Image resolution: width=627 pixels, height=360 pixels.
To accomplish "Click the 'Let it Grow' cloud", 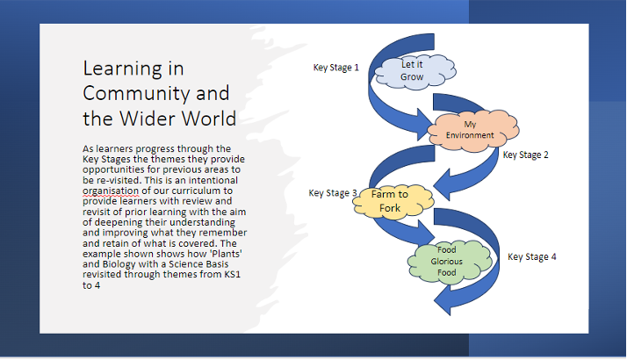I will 412,71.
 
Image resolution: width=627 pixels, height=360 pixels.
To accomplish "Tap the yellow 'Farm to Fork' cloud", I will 391,200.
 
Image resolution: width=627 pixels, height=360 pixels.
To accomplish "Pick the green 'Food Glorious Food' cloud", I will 446,262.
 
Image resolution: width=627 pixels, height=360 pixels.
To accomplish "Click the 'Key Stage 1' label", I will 336,67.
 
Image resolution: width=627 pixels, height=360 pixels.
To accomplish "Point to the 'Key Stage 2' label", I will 526,155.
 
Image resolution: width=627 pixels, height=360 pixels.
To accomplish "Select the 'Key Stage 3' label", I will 332,193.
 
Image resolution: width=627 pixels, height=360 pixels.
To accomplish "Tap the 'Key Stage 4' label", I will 532,257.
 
